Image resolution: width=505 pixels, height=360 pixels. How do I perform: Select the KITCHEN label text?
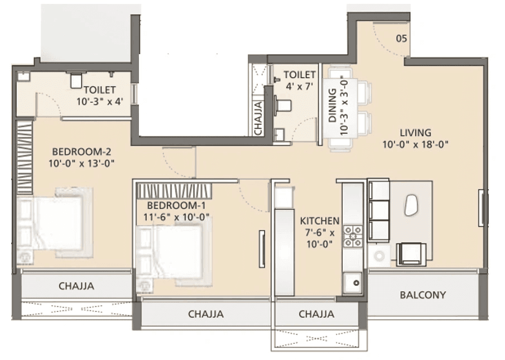pos(319,221)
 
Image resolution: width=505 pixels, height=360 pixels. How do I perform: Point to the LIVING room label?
pos(415,133)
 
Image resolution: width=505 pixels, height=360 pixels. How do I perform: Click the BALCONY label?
pos(422,295)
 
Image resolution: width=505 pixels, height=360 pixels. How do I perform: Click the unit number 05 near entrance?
pos(401,39)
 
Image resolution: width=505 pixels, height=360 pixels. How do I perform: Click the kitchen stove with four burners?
pos(353,236)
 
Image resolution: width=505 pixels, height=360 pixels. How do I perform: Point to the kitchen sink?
pos(353,282)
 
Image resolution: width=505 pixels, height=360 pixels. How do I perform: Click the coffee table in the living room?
pos(411,205)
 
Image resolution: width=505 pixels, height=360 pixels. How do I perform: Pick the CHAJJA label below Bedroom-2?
pos(76,286)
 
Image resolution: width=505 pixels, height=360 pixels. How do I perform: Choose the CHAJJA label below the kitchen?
pos(316,314)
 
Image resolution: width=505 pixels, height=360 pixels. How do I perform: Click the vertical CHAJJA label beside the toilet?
pos(258,117)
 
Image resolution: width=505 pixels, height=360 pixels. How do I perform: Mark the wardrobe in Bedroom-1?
pos(174,190)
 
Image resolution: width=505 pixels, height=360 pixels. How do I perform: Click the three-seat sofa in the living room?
pos(378,210)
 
